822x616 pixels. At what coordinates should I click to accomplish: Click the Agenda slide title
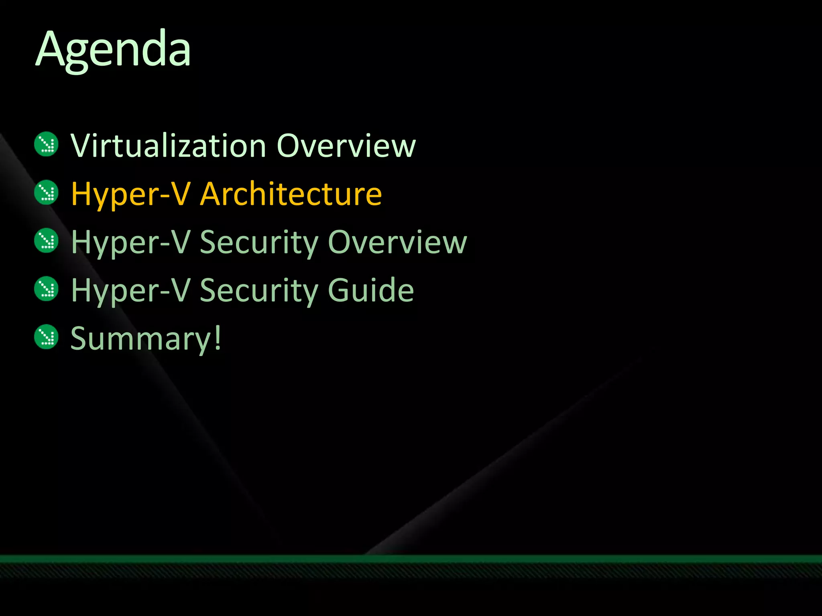pos(113,50)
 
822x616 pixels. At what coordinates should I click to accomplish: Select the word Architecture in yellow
pos(291,194)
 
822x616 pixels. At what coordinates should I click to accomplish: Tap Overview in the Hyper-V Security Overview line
pos(397,242)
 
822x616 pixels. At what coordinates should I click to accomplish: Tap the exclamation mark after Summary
pos(217,338)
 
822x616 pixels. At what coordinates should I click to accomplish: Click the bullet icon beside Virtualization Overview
pos(47,144)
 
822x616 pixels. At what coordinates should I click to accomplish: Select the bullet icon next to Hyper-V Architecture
pos(47,192)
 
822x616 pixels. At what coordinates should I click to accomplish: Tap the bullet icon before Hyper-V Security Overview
pos(47,240)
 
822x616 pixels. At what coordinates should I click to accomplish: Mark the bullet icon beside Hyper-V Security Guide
pos(47,288)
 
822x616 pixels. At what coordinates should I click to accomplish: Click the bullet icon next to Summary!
pos(47,336)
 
